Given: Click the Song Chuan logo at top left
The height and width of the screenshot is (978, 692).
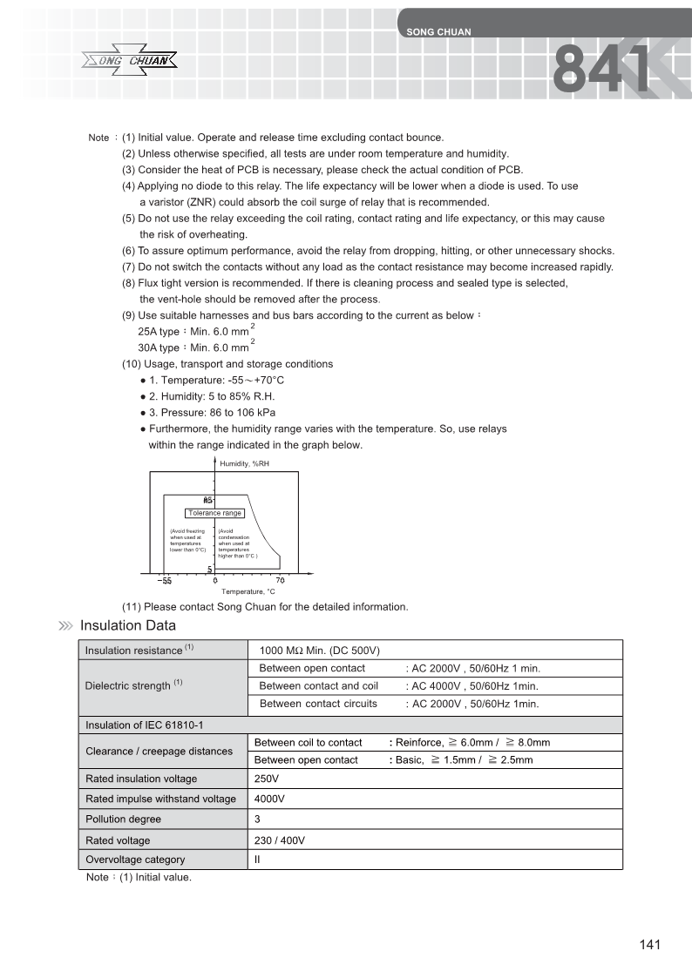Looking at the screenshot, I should [130, 61].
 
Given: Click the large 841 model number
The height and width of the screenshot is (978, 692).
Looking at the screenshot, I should [604, 70].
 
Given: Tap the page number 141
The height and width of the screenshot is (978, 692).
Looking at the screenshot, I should [650, 945].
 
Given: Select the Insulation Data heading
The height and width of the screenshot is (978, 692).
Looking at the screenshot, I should [127, 625].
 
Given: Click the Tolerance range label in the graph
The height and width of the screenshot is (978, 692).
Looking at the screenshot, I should [214, 513].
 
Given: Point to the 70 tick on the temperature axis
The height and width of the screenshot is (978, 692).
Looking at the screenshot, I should [280, 581].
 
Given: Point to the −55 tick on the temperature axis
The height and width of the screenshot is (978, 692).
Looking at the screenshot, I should [164, 581].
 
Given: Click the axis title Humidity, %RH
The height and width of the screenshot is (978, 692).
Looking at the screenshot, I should [245, 464].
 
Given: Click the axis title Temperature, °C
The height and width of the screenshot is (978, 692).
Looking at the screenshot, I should [248, 591].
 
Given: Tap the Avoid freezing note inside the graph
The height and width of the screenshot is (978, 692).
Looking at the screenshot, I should [187, 540].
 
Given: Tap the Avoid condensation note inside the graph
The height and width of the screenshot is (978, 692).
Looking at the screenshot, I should [237, 543].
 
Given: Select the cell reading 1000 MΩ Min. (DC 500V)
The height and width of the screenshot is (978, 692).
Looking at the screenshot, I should [320, 651].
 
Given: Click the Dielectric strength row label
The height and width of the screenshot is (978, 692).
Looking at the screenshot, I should [133, 685].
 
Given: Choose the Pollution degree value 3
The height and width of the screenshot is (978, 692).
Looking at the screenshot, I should [257, 819].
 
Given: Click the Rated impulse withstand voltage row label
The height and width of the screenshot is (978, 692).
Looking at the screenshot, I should [160, 799].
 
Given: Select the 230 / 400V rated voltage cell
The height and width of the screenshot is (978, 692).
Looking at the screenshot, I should [279, 840].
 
